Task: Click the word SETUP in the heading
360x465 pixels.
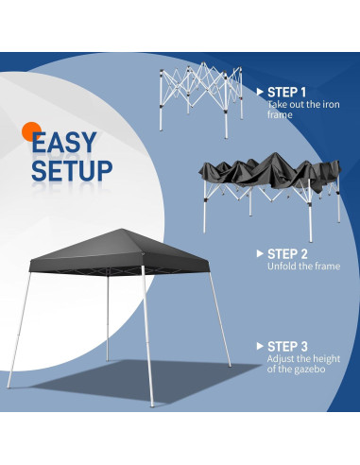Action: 72,171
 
